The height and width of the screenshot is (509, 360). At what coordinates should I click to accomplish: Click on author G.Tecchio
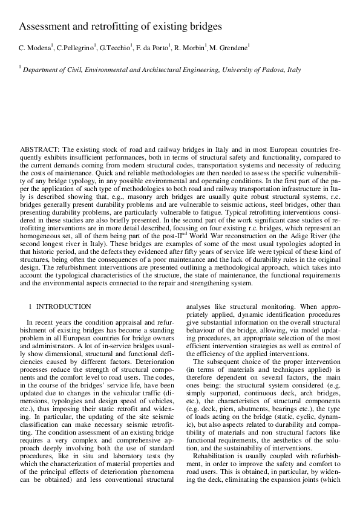[115, 48]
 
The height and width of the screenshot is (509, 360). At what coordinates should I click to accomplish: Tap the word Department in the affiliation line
[42, 70]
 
